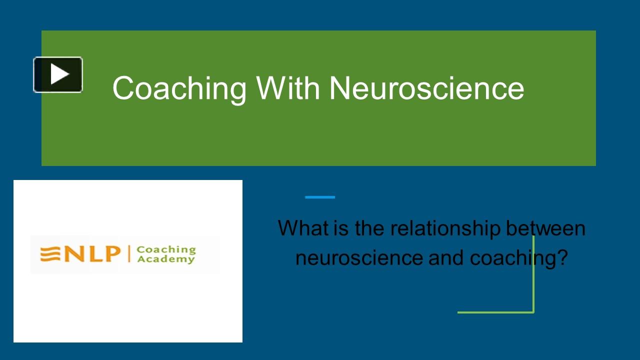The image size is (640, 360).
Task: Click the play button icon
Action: tap(58, 74)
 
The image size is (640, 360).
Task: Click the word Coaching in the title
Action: tap(179, 88)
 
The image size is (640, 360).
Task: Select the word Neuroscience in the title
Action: tap(426, 88)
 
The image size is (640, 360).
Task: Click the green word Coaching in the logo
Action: tap(166, 249)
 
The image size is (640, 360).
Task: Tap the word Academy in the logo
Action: tap(166, 259)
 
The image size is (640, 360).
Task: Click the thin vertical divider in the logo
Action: tap(129, 254)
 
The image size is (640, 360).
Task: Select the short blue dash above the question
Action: tap(320, 197)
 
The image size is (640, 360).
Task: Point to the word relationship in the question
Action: tap(445, 228)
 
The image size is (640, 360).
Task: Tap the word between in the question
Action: tap(545, 228)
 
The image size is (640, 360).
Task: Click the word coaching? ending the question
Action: tap(518, 258)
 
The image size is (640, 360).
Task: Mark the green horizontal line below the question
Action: tap(495, 312)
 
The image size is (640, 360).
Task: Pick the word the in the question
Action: tap(370, 228)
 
